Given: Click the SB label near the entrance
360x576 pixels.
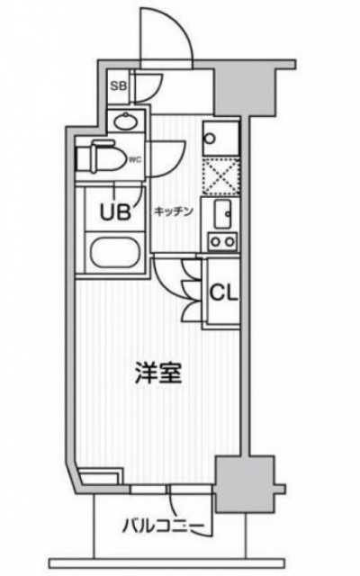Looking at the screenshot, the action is [x=119, y=86].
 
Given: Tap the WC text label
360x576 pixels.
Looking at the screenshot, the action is [x=135, y=159].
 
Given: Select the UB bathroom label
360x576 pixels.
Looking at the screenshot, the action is [x=115, y=212].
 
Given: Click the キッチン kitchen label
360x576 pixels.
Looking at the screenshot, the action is [x=174, y=211].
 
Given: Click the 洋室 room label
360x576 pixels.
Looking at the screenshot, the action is [x=158, y=373].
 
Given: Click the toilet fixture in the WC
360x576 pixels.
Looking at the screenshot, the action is [x=99, y=159].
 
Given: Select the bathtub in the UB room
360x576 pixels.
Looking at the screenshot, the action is [x=116, y=254].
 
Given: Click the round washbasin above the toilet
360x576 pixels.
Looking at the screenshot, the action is [x=125, y=121].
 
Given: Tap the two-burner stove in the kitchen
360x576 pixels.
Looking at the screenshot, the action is [x=221, y=242].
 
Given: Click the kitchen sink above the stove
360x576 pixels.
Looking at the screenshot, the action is [x=222, y=216].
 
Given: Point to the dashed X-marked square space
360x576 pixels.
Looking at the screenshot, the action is [x=222, y=175].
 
